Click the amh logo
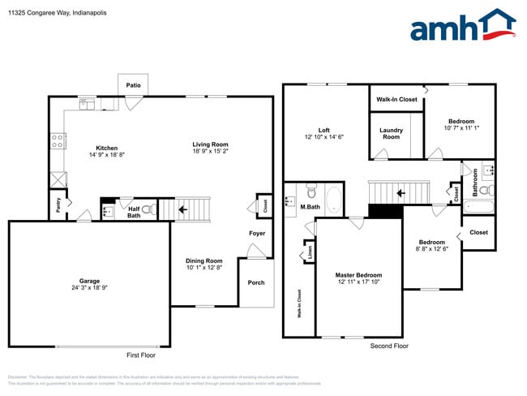click(462, 26)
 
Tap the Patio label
click(133, 84)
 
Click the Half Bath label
click(134, 212)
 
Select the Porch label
click(255, 305)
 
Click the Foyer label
click(256, 234)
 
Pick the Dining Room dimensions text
click(203, 267)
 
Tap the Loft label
click(323, 130)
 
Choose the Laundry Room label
click(391, 134)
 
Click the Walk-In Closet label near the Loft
click(396, 100)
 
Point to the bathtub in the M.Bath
click(334, 200)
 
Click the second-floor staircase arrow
click(399, 193)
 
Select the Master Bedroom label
click(358, 275)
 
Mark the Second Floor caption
click(390, 346)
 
